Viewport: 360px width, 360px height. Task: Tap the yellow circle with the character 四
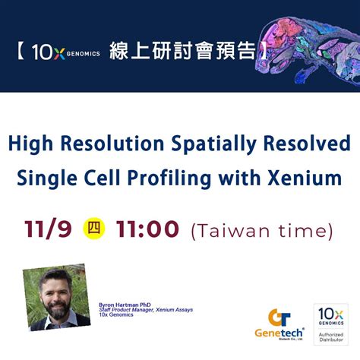[x=93, y=228]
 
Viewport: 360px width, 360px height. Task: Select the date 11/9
[x=50, y=228]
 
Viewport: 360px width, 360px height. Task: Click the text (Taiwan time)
[x=263, y=229]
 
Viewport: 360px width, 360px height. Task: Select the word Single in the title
[x=48, y=179]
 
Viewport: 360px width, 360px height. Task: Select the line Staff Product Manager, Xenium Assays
[x=149, y=310]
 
